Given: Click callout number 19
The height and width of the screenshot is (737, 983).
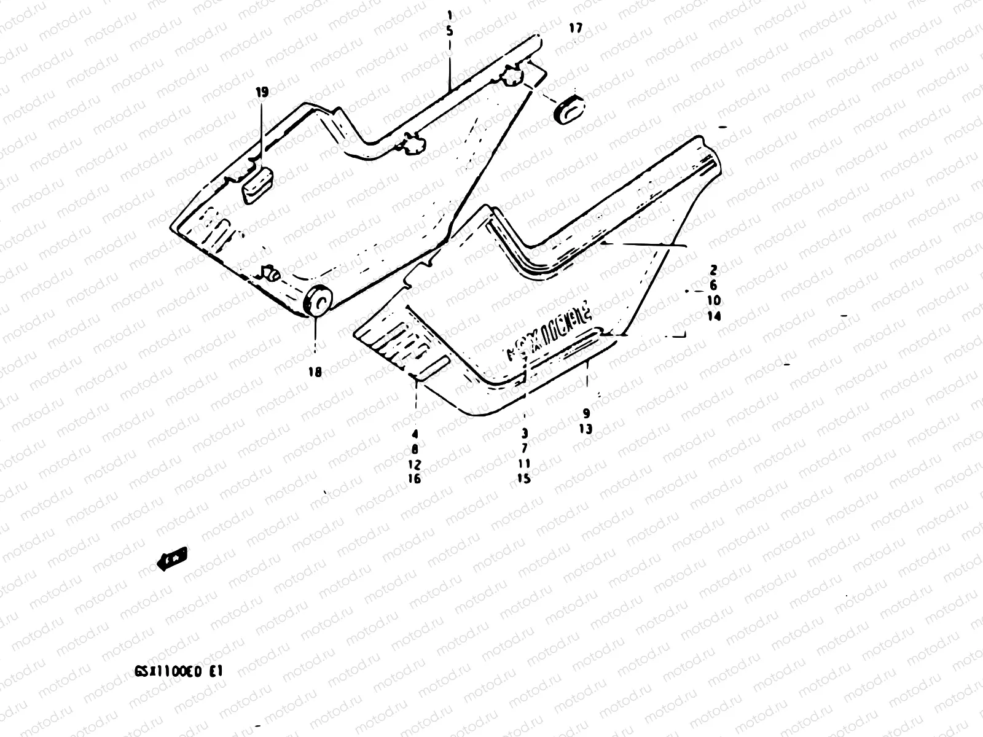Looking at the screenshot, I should (262, 93).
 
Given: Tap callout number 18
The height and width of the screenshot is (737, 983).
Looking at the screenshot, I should (315, 372).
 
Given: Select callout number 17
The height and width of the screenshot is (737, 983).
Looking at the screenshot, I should (575, 28).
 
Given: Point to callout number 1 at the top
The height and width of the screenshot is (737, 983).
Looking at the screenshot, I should (450, 14).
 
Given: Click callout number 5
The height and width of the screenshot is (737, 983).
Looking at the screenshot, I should (450, 29).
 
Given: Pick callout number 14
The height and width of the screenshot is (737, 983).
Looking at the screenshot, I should (713, 316).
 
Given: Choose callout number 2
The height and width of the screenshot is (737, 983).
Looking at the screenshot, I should (713, 270).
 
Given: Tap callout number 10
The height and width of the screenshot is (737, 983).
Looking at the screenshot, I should (713, 301).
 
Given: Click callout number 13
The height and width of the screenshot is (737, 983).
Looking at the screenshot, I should (585, 429).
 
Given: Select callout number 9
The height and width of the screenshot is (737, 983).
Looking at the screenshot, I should (585, 413).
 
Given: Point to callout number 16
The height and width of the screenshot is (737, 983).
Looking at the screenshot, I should (415, 478).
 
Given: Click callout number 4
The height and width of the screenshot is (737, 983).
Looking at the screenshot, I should (415, 434).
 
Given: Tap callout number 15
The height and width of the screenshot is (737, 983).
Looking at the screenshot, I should (524, 478).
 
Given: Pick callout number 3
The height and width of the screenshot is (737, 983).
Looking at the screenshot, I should (524, 434).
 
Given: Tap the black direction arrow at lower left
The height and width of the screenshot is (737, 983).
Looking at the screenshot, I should (173, 558).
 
